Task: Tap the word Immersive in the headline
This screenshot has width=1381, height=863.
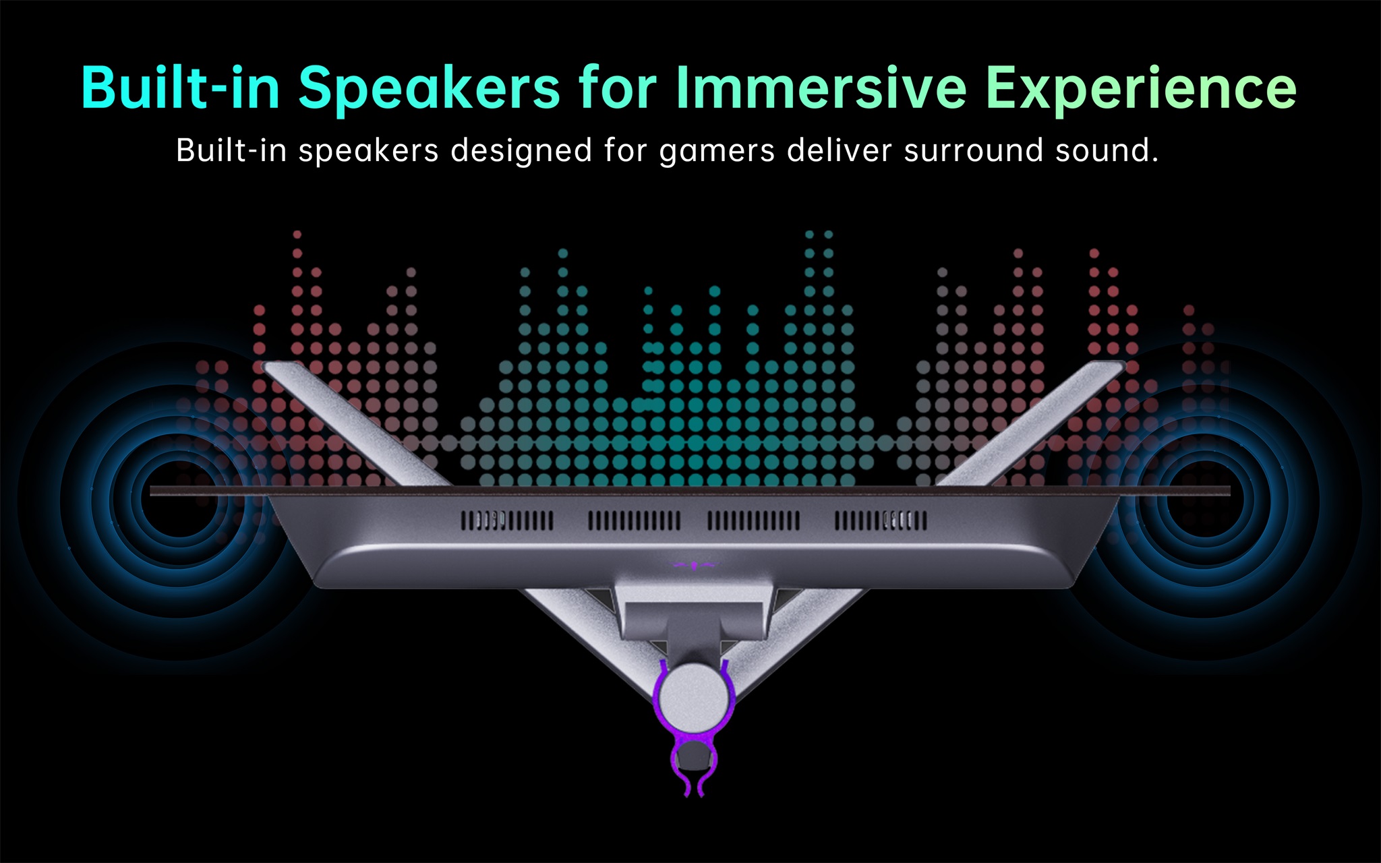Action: coord(821,87)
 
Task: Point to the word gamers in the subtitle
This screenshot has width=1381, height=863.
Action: coord(717,151)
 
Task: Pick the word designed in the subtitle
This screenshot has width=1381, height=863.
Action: coord(522,151)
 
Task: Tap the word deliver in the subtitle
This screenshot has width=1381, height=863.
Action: coord(839,150)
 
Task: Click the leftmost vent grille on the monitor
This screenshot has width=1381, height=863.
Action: coord(507,520)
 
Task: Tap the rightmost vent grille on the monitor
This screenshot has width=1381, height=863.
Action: coord(881,520)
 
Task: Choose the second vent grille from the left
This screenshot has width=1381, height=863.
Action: coord(635,520)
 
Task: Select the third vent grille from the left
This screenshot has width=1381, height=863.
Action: coord(754,520)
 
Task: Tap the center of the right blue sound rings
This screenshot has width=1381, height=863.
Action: coord(1205,498)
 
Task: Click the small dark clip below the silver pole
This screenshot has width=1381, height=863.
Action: coord(694,758)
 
